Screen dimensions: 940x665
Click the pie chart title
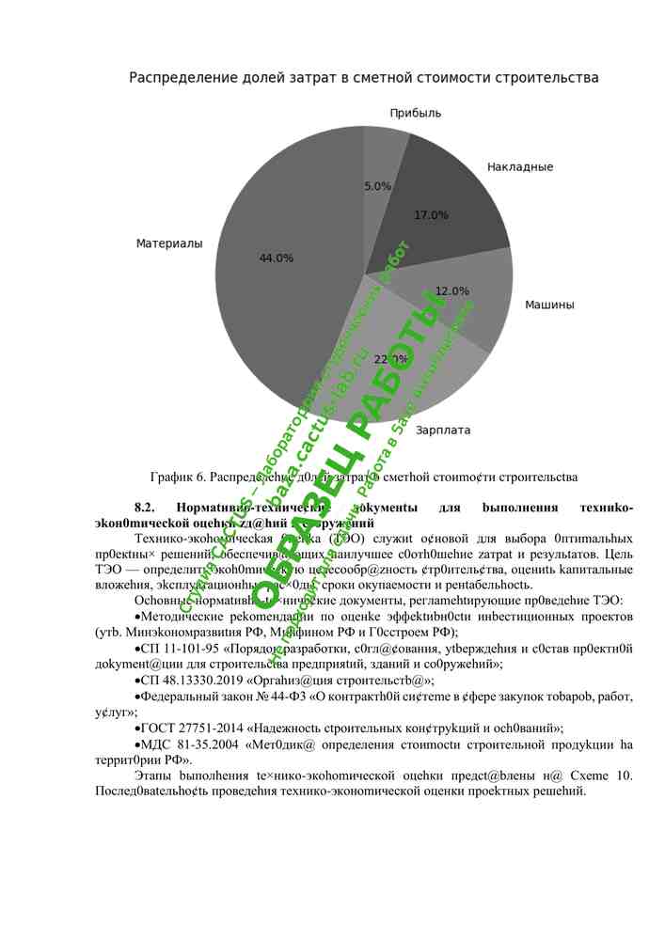point(363,78)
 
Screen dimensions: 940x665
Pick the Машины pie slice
point(470,301)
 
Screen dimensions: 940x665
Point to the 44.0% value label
point(277,258)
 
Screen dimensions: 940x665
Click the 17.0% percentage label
point(431,215)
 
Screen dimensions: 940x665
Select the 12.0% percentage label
point(452,291)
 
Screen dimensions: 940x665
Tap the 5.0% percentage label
point(377,186)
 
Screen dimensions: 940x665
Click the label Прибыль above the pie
point(416,113)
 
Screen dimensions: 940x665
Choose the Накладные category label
point(520,167)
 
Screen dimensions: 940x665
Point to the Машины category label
point(549,305)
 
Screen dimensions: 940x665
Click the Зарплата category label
point(443,431)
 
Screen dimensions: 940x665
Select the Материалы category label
point(169,243)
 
